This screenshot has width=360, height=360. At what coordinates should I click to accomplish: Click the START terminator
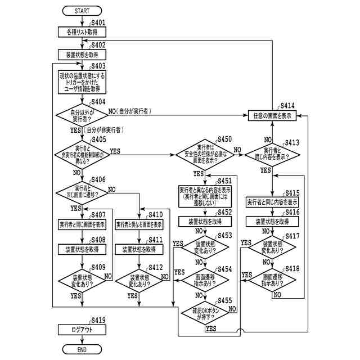pos(82,11)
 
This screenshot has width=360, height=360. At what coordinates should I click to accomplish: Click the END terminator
pos(82,349)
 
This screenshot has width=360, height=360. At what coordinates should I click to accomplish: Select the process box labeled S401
pos(82,33)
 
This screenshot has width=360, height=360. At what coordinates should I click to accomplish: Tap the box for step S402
pos(82,55)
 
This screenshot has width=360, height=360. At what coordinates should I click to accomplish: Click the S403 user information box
pos(82,82)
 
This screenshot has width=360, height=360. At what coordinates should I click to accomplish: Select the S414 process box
pos(272,115)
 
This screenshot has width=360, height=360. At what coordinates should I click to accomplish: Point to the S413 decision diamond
pos(272,153)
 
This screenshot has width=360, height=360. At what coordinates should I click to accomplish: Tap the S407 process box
pos(82,224)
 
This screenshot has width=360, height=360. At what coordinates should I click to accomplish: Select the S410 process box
pos(139,224)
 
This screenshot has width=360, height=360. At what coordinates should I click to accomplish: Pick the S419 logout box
pos(82,330)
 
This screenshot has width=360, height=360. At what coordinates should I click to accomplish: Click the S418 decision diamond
pos(272,280)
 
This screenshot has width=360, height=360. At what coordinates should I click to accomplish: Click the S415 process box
pos(272,201)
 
